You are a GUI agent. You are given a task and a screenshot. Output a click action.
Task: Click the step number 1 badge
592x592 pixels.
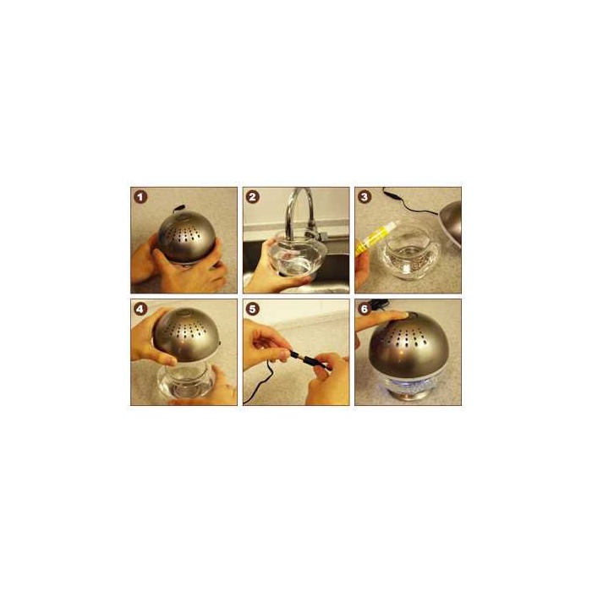tap(140, 197)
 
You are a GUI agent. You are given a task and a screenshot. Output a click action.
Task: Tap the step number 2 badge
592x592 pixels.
tap(252, 197)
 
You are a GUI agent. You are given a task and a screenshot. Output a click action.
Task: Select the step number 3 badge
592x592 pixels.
tap(365, 197)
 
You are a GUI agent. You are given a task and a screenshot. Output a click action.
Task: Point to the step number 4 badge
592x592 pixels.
tap(140, 310)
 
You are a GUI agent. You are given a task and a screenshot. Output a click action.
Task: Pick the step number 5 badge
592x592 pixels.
tap(252, 310)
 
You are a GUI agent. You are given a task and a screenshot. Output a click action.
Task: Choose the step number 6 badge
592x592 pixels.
tap(365, 310)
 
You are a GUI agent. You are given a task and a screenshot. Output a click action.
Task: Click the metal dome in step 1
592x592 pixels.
tap(186, 237)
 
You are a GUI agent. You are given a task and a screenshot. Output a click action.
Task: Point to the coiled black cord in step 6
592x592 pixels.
tap(380, 302)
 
